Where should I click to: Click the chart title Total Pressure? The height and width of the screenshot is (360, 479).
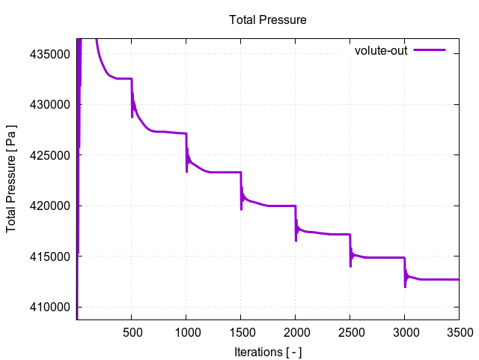[267, 19]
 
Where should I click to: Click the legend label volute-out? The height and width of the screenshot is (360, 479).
[381, 50]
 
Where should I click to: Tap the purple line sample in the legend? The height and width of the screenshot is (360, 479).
[429, 50]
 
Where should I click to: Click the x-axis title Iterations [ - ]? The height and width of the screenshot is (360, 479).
[267, 352]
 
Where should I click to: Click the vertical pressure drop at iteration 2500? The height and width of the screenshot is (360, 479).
[350, 246]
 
